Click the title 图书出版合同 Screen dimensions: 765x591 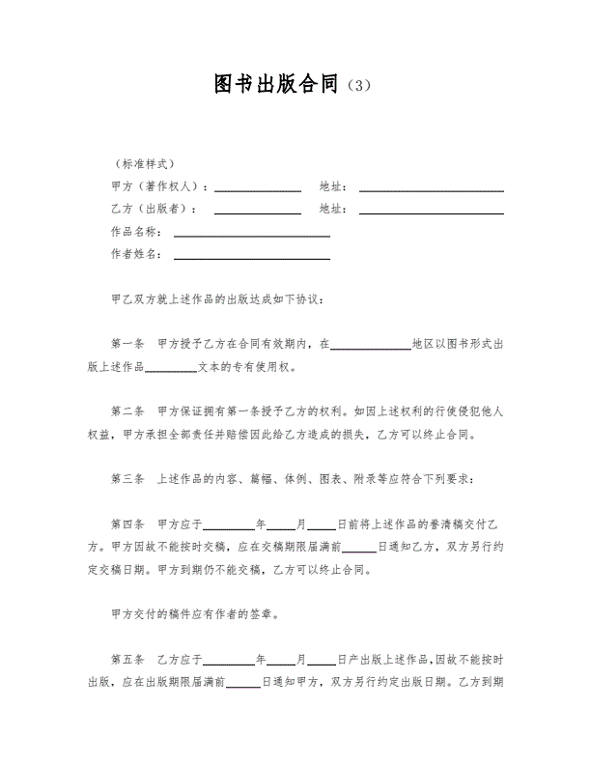276,84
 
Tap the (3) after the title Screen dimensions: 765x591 356,86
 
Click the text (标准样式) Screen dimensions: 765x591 144,163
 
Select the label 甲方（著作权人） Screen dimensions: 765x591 158,185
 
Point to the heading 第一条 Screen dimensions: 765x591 127,343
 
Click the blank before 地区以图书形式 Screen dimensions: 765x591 371,346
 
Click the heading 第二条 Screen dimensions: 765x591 127,411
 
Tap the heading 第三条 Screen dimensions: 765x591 127,478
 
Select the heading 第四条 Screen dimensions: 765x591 127,524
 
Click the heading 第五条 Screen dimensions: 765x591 127,660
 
